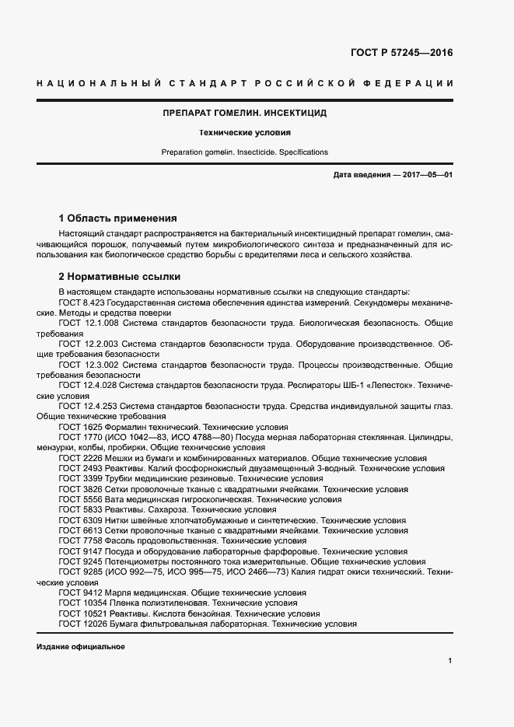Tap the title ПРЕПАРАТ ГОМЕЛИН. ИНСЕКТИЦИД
pos(244,113)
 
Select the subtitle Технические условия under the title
pos(244,133)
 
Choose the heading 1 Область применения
pos(118,218)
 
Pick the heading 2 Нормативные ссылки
pos(119,276)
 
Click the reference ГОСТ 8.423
pos(82,301)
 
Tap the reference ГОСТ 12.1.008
pos(87,322)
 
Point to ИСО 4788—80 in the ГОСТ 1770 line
pos(192,437)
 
